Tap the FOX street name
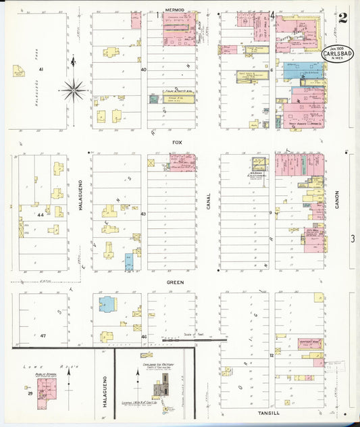tap(178, 143)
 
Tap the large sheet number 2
tap(343, 18)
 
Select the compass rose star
tap(74, 88)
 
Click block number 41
tap(41, 70)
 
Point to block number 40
tap(143, 70)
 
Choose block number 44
tap(41, 214)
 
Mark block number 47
tap(43, 335)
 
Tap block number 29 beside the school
tap(30, 393)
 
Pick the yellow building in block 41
tap(18, 71)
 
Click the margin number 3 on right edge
tap(353, 238)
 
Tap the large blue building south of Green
tap(107, 304)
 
